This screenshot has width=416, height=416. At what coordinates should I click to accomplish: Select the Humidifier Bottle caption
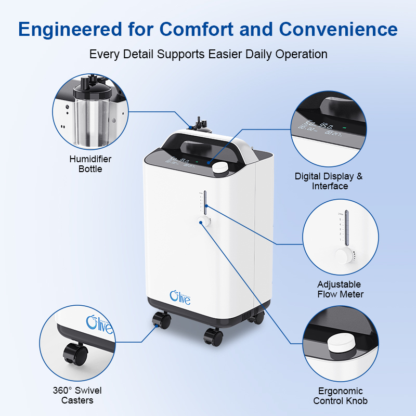(90, 164)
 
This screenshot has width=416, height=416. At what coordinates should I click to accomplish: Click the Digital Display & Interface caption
(329, 181)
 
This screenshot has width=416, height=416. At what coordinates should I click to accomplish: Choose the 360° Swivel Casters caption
(76, 395)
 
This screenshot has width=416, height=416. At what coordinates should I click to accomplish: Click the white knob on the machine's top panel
(222, 167)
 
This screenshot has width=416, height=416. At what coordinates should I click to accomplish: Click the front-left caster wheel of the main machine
(160, 320)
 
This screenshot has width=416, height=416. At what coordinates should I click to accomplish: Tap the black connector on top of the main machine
(198, 124)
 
